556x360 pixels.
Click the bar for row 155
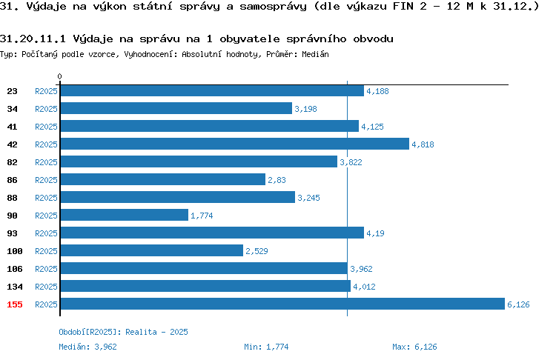[282, 304]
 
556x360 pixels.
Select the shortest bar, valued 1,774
[125, 215]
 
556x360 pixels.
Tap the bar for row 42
[235, 144]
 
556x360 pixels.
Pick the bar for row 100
[152, 250]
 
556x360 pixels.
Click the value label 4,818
[423, 144]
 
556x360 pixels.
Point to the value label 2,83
[277, 180]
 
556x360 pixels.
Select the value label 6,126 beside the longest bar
[518, 304]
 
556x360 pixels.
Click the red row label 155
[15, 304]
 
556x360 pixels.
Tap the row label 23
[12, 91]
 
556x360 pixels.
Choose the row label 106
[15, 269]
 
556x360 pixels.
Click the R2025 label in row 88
[46, 198]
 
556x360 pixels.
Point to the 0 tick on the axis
[59, 76]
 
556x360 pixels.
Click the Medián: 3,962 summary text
[87, 347]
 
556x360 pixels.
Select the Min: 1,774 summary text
[266, 347]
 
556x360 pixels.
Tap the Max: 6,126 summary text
[414, 347]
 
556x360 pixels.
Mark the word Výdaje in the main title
[47, 7]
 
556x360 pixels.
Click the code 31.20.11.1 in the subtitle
[33, 39]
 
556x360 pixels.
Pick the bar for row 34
[176, 108]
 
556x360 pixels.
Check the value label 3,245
[308, 198]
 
